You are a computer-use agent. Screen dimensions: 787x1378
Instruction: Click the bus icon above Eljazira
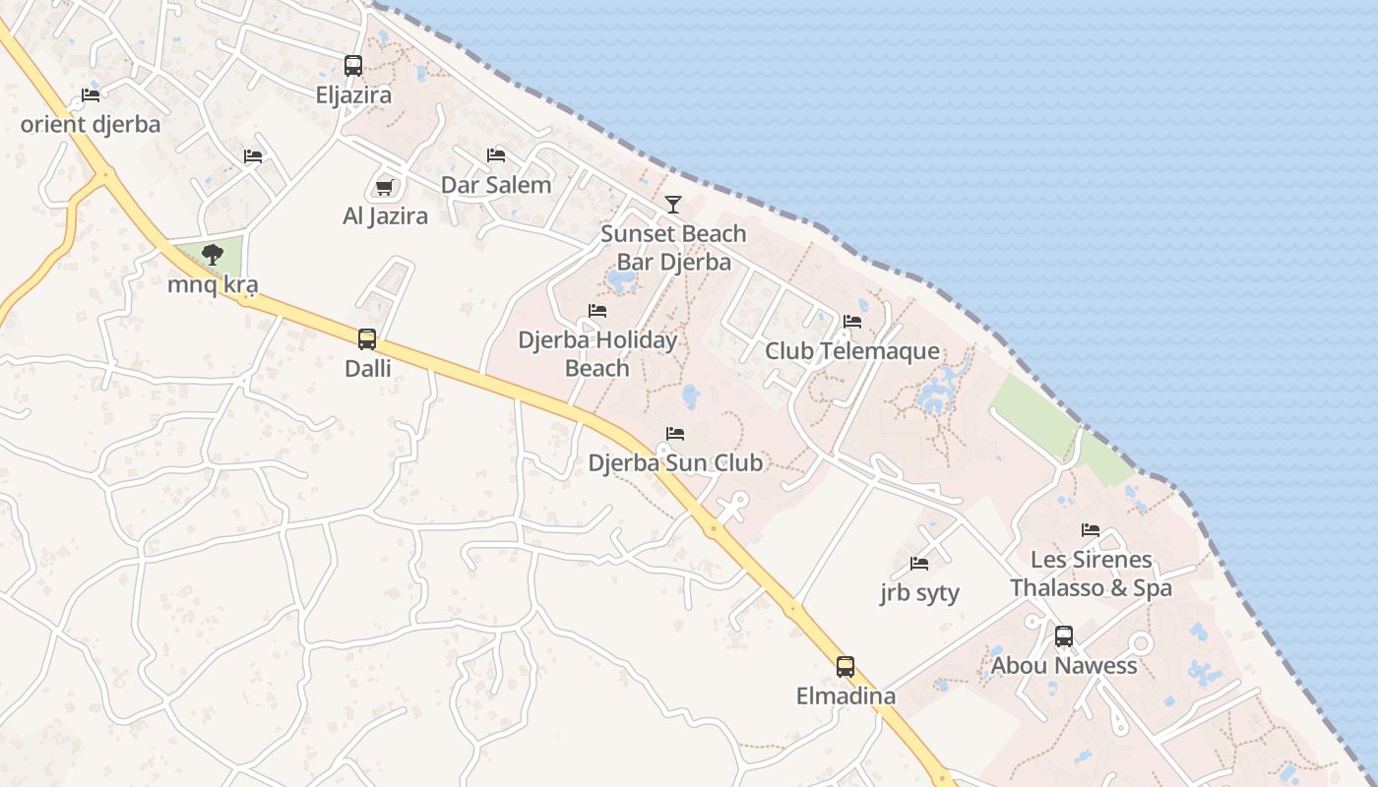[353, 66]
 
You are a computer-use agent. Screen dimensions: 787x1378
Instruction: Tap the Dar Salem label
[496, 185]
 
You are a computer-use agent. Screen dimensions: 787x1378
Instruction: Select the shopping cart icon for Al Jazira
[385, 187]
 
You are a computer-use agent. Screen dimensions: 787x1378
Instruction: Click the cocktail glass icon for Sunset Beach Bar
[673, 205]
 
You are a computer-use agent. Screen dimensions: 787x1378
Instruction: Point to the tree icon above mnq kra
[212, 256]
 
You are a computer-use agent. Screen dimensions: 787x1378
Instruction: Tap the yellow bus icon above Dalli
[367, 339]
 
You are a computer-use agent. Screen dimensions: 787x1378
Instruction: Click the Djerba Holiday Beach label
[597, 354]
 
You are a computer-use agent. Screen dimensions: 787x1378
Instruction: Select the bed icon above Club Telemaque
[852, 322]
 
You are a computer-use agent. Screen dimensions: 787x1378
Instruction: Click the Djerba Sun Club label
[675, 462]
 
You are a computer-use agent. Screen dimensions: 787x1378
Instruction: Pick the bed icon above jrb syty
[919, 564]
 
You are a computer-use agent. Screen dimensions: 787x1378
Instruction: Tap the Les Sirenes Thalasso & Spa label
[1091, 574]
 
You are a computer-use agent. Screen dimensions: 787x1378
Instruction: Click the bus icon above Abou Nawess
[1064, 636]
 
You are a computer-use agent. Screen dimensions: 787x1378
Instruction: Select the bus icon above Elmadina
[846, 667]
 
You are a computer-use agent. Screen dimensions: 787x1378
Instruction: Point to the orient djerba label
[91, 125]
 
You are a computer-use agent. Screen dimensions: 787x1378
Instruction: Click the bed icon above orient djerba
[91, 95]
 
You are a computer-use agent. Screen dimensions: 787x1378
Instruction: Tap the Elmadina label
[846, 696]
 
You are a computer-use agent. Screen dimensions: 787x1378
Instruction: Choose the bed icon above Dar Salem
[496, 155]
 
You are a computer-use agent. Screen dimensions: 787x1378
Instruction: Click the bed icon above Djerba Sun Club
[675, 433]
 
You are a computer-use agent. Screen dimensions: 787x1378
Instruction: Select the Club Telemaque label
[852, 351]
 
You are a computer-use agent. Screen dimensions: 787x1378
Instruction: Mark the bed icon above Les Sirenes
[1091, 530]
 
